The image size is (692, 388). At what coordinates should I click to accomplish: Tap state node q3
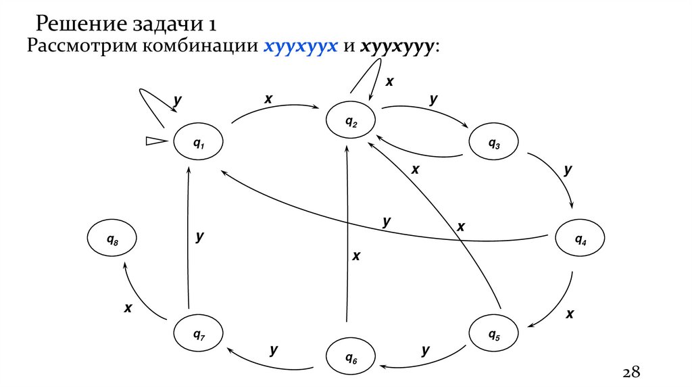pos(494,143)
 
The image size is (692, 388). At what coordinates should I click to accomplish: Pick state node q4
pos(580,239)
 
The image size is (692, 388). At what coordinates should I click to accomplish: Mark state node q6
pos(351,356)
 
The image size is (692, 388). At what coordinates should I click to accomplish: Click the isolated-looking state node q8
pos(112,239)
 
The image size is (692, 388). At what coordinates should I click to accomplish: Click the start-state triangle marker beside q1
pos(156,141)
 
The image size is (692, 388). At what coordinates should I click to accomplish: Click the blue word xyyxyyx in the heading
pos(300,47)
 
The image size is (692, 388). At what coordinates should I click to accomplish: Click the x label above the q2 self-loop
pos(389,81)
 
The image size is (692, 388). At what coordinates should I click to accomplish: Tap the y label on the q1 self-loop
pos(177,100)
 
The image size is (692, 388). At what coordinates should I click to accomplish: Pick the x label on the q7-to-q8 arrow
pos(128,308)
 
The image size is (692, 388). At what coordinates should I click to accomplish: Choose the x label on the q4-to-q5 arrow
pos(570,314)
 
